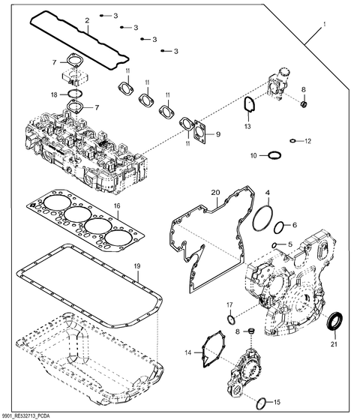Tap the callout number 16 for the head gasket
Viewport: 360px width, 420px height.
(x=117, y=205)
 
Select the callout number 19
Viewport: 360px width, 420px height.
(x=136, y=266)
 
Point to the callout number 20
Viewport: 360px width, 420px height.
(x=215, y=193)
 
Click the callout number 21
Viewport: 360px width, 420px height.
(x=334, y=344)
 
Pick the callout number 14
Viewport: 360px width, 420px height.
(x=187, y=351)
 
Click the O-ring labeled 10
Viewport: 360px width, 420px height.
(x=275, y=155)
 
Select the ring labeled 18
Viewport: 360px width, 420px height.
(x=74, y=94)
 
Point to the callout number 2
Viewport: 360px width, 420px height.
(x=87, y=20)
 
